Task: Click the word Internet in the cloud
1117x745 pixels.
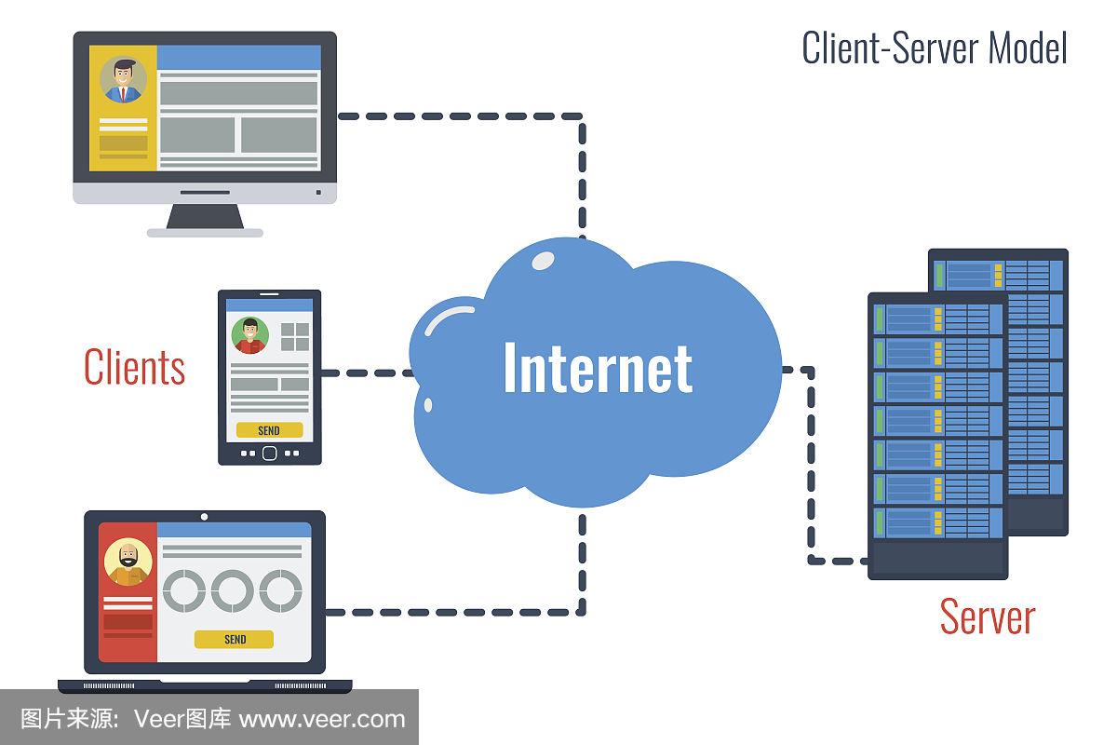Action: (x=598, y=367)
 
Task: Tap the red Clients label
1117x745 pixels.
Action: (x=134, y=367)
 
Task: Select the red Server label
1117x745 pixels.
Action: (x=987, y=616)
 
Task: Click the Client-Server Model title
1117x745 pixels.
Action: (x=934, y=48)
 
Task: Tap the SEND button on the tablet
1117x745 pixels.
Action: (x=269, y=430)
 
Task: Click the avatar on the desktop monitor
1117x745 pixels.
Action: (x=122, y=79)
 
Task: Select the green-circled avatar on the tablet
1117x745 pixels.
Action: (x=249, y=335)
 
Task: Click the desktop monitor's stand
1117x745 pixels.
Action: (x=206, y=218)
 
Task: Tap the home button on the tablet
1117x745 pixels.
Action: (x=270, y=453)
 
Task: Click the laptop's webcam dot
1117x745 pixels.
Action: (x=205, y=516)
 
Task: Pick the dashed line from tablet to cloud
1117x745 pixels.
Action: (x=368, y=372)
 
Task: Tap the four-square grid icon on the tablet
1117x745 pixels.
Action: (x=295, y=336)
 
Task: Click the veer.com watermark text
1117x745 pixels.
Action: (x=322, y=719)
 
